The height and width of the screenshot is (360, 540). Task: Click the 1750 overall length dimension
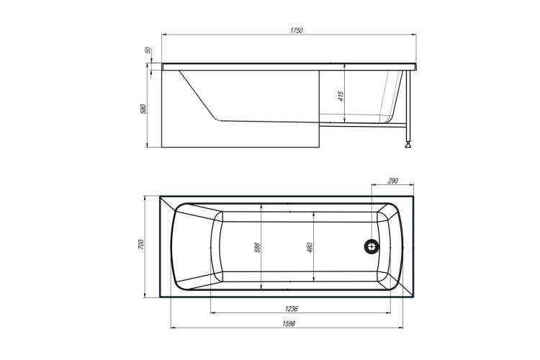[296, 30]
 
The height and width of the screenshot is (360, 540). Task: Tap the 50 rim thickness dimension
[148, 50]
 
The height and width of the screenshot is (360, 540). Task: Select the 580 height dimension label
[143, 109]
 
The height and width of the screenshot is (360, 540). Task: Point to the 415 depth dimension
[341, 96]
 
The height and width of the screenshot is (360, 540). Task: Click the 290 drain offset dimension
[393, 181]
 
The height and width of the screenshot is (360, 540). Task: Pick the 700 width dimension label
[141, 244]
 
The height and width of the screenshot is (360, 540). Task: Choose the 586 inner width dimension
[257, 248]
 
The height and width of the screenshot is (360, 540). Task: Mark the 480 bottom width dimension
[310, 248]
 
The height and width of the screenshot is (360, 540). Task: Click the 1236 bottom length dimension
[291, 309]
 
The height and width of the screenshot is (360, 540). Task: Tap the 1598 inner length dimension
[289, 323]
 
